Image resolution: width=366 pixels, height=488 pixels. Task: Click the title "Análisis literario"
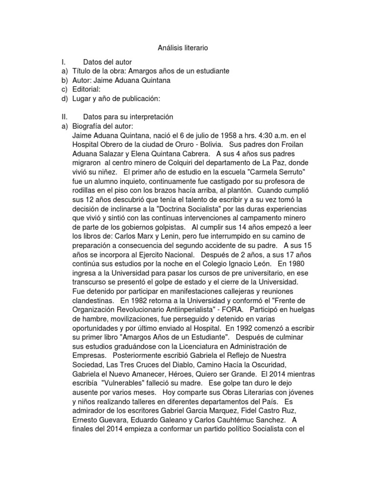coord(183,48)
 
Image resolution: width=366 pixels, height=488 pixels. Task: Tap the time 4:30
coord(241,135)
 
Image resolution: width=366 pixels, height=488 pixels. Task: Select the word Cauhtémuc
coord(238,420)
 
